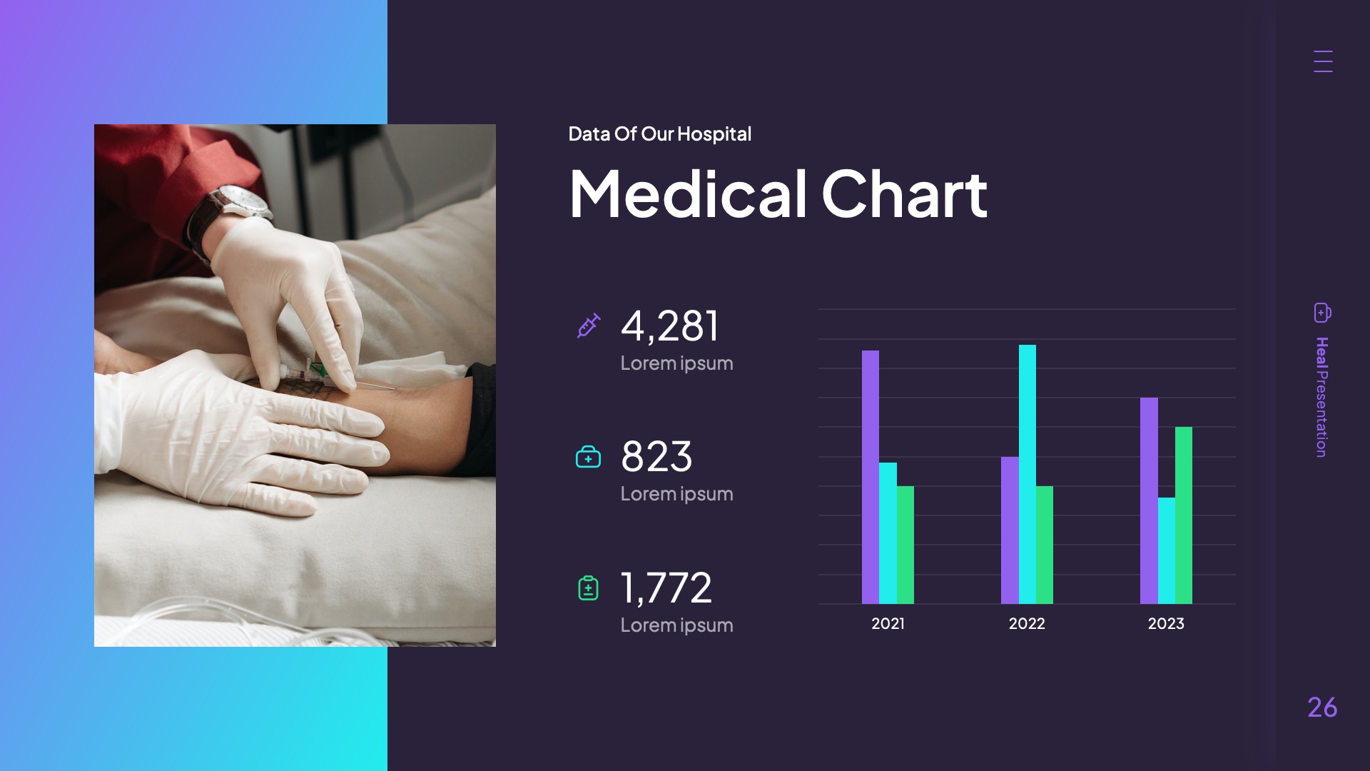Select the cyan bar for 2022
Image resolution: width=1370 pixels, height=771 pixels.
pyautogui.click(x=1027, y=474)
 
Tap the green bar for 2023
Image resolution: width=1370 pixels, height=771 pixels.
pyautogui.click(x=1184, y=515)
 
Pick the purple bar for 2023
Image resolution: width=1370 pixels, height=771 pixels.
pyautogui.click(x=1149, y=500)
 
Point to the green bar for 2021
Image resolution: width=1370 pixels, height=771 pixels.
pyautogui.click(x=905, y=545)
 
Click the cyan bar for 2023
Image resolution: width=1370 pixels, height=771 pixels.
pyautogui.click(x=1166, y=550)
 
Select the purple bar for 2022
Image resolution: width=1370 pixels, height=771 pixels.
pyautogui.click(x=1010, y=530)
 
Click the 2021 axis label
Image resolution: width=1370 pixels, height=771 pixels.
pyautogui.click(x=888, y=623)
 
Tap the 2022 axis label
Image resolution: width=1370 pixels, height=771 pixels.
pyautogui.click(x=1027, y=623)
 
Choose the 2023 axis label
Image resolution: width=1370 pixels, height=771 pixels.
pyautogui.click(x=1166, y=623)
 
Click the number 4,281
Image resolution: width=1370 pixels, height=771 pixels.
pyautogui.click(x=669, y=326)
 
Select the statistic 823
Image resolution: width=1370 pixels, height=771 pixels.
pyautogui.click(x=656, y=457)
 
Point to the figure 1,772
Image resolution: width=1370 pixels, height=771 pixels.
pyautogui.click(x=666, y=588)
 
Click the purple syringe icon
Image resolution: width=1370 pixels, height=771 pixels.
pyautogui.click(x=589, y=326)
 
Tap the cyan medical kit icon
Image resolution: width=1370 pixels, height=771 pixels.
pyautogui.click(x=588, y=457)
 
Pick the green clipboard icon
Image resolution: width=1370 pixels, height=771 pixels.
pyautogui.click(x=588, y=588)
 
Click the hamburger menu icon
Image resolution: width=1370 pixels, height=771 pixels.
pyautogui.click(x=1323, y=61)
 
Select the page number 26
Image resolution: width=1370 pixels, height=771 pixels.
pyautogui.click(x=1322, y=707)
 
